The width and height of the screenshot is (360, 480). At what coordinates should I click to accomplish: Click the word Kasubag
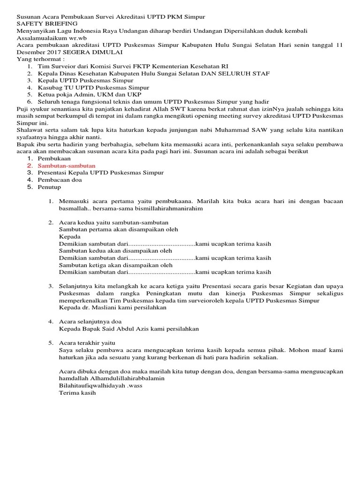[51, 87]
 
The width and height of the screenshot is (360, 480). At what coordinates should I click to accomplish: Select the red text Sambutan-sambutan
[67, 165]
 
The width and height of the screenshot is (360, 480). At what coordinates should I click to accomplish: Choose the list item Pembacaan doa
[59, 180]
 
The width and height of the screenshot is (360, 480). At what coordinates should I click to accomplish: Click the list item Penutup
[50, 187]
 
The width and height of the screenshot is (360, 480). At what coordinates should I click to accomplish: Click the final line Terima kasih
[77, 392]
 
